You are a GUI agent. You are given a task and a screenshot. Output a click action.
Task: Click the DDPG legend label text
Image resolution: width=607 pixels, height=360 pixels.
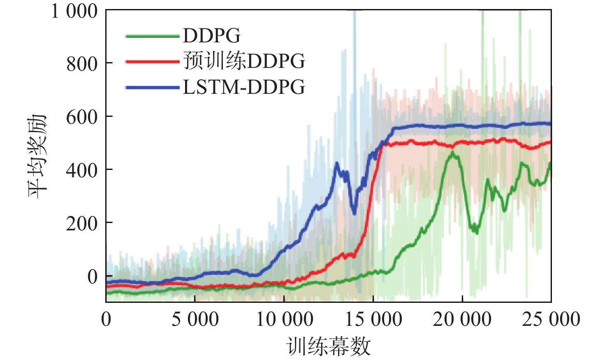(212, 36)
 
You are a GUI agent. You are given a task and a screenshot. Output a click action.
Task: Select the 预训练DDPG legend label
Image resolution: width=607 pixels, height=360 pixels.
(244, 61)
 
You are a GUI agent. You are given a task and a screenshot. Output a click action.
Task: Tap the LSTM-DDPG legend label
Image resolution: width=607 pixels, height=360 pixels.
(244, 87)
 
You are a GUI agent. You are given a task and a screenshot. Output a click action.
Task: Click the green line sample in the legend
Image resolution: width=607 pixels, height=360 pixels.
(153, 36)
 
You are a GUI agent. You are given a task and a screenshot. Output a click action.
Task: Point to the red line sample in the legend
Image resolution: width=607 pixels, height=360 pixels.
(153, 62)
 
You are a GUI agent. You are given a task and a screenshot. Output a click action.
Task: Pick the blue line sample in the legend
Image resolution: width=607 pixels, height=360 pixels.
(153, 87)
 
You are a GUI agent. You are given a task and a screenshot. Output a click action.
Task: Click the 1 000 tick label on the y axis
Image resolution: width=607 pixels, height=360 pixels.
(74, 11)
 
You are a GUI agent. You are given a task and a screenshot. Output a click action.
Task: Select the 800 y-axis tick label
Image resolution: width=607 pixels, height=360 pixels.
(82, 64)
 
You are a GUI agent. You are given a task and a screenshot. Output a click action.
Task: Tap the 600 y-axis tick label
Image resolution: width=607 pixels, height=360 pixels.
(82, 117)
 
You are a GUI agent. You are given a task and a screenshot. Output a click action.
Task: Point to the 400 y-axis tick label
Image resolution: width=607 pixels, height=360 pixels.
(82, 170)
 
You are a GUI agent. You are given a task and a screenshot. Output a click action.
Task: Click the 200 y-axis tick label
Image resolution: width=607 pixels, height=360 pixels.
(82, 223)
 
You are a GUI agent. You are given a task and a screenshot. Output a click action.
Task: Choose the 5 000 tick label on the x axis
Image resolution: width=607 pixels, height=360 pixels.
(195, 320)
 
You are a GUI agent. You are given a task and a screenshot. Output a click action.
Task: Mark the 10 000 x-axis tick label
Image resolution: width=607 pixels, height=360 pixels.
(284, 320)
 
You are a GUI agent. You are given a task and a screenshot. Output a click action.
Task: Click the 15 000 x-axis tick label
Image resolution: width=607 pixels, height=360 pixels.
(373, 320)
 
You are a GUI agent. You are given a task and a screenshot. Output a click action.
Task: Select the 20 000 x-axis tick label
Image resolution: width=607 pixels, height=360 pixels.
(462, 320)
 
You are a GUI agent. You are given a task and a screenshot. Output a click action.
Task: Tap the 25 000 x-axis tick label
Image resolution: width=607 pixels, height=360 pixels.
(551, 320)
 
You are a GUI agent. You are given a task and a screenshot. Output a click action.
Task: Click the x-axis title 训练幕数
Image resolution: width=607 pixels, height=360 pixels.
(329, 346)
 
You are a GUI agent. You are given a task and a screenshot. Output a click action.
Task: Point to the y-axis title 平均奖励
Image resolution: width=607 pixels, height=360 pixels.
(38, 156)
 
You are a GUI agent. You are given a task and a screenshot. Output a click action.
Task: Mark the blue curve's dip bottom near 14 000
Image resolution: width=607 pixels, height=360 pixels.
(354, 213)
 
